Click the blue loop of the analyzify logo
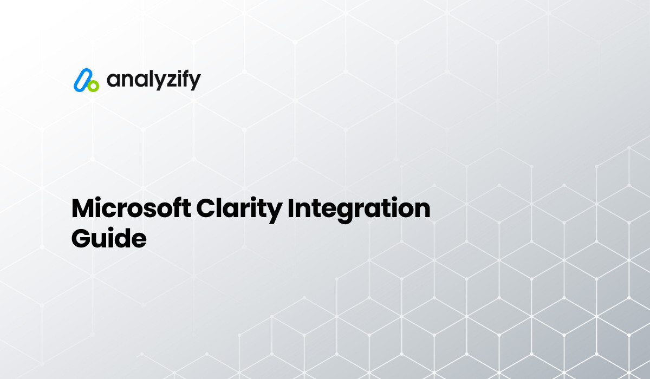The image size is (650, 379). pos(81,79)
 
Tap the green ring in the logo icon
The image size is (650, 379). pos(93,86)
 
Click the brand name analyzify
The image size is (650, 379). pos(153,80)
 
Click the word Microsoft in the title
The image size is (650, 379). pos(128,209)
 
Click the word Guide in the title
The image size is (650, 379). pos(109,238)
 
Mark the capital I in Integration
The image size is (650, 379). pos(290,209)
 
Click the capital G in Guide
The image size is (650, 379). pos(81,238)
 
